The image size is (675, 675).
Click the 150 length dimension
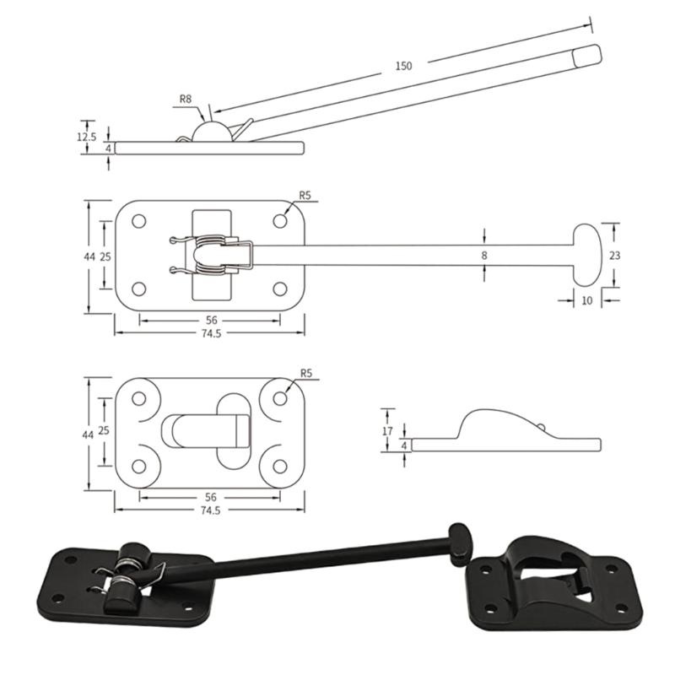[x=404, y=66]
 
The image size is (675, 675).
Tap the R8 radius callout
[x=186, y=99]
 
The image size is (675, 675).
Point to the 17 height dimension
[x=387, y=429]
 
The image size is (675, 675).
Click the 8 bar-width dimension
[x=484, y=254]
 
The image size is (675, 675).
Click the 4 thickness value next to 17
[x=404, y=445]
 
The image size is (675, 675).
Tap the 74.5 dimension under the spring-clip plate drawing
[x=210, y=333]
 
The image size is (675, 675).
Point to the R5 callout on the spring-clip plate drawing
[x=305, y=196]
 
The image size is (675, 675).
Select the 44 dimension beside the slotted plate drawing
[x=88, y=434]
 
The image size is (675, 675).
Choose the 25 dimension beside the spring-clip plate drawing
[x=105, y=255]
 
